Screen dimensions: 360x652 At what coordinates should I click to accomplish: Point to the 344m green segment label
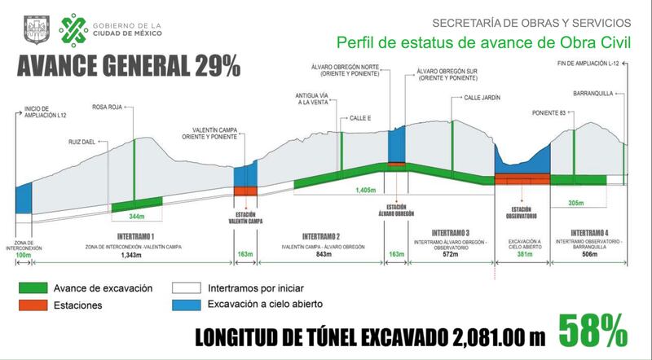tap(136, 216)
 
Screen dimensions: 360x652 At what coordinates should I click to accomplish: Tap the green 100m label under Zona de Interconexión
tap(24, 256)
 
